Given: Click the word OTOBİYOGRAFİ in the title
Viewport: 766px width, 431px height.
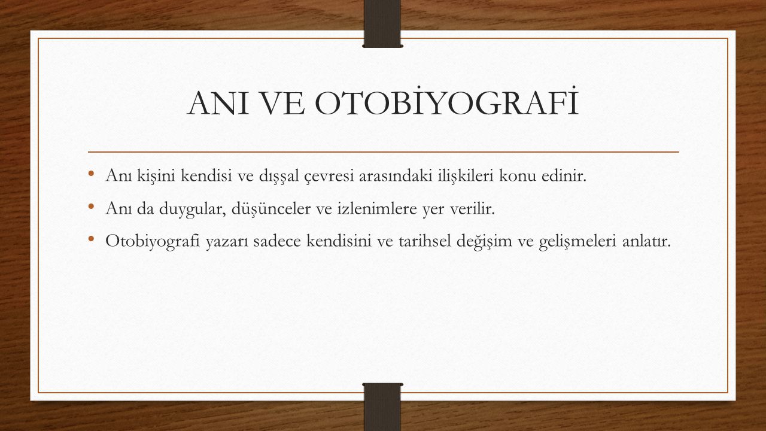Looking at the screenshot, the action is point(446,102).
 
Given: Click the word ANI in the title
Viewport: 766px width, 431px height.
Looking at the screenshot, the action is point(217,104).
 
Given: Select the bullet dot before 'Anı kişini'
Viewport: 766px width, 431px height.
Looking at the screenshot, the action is point(91,173).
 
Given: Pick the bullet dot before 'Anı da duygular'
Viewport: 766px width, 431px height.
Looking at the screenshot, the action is point(91,207).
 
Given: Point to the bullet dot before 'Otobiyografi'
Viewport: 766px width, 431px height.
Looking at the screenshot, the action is point(91,238).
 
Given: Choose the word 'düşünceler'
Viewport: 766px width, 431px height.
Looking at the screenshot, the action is point(271,209).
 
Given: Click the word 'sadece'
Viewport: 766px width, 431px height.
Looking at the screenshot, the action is point(277,241).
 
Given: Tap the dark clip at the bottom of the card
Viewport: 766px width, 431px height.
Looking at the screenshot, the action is point(382,407).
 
